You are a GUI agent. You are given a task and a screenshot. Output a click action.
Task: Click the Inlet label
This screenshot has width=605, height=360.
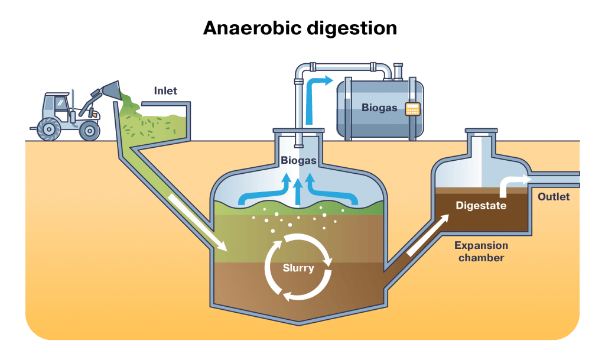pos(165,91)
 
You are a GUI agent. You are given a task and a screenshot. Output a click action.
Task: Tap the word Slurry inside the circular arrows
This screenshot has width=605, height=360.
pos(298,268)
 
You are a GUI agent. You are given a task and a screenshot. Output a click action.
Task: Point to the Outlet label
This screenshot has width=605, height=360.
pos(554,196)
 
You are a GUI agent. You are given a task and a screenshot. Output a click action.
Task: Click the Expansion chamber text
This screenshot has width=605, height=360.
pos(481,251)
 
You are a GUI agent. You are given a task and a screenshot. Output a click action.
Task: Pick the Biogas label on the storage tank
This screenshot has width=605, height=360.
pos(379,108)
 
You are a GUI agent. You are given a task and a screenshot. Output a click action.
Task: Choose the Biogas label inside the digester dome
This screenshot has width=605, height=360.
pos(298,160)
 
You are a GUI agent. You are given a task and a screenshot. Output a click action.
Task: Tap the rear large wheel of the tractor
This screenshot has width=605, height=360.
pos(48,128)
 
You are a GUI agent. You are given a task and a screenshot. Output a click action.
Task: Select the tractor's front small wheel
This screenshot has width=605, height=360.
pos(90,130)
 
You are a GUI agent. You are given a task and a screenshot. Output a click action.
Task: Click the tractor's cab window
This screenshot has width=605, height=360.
pos(61,105)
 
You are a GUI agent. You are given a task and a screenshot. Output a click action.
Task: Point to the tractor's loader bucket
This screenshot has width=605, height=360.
pos(110,90)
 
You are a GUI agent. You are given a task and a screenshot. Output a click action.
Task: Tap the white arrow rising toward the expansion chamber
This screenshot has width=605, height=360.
pos(424,235)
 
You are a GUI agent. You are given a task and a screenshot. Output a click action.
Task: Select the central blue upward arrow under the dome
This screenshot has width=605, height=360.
pos(298,191)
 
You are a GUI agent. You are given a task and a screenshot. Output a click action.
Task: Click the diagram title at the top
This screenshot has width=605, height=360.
pos(298,28)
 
